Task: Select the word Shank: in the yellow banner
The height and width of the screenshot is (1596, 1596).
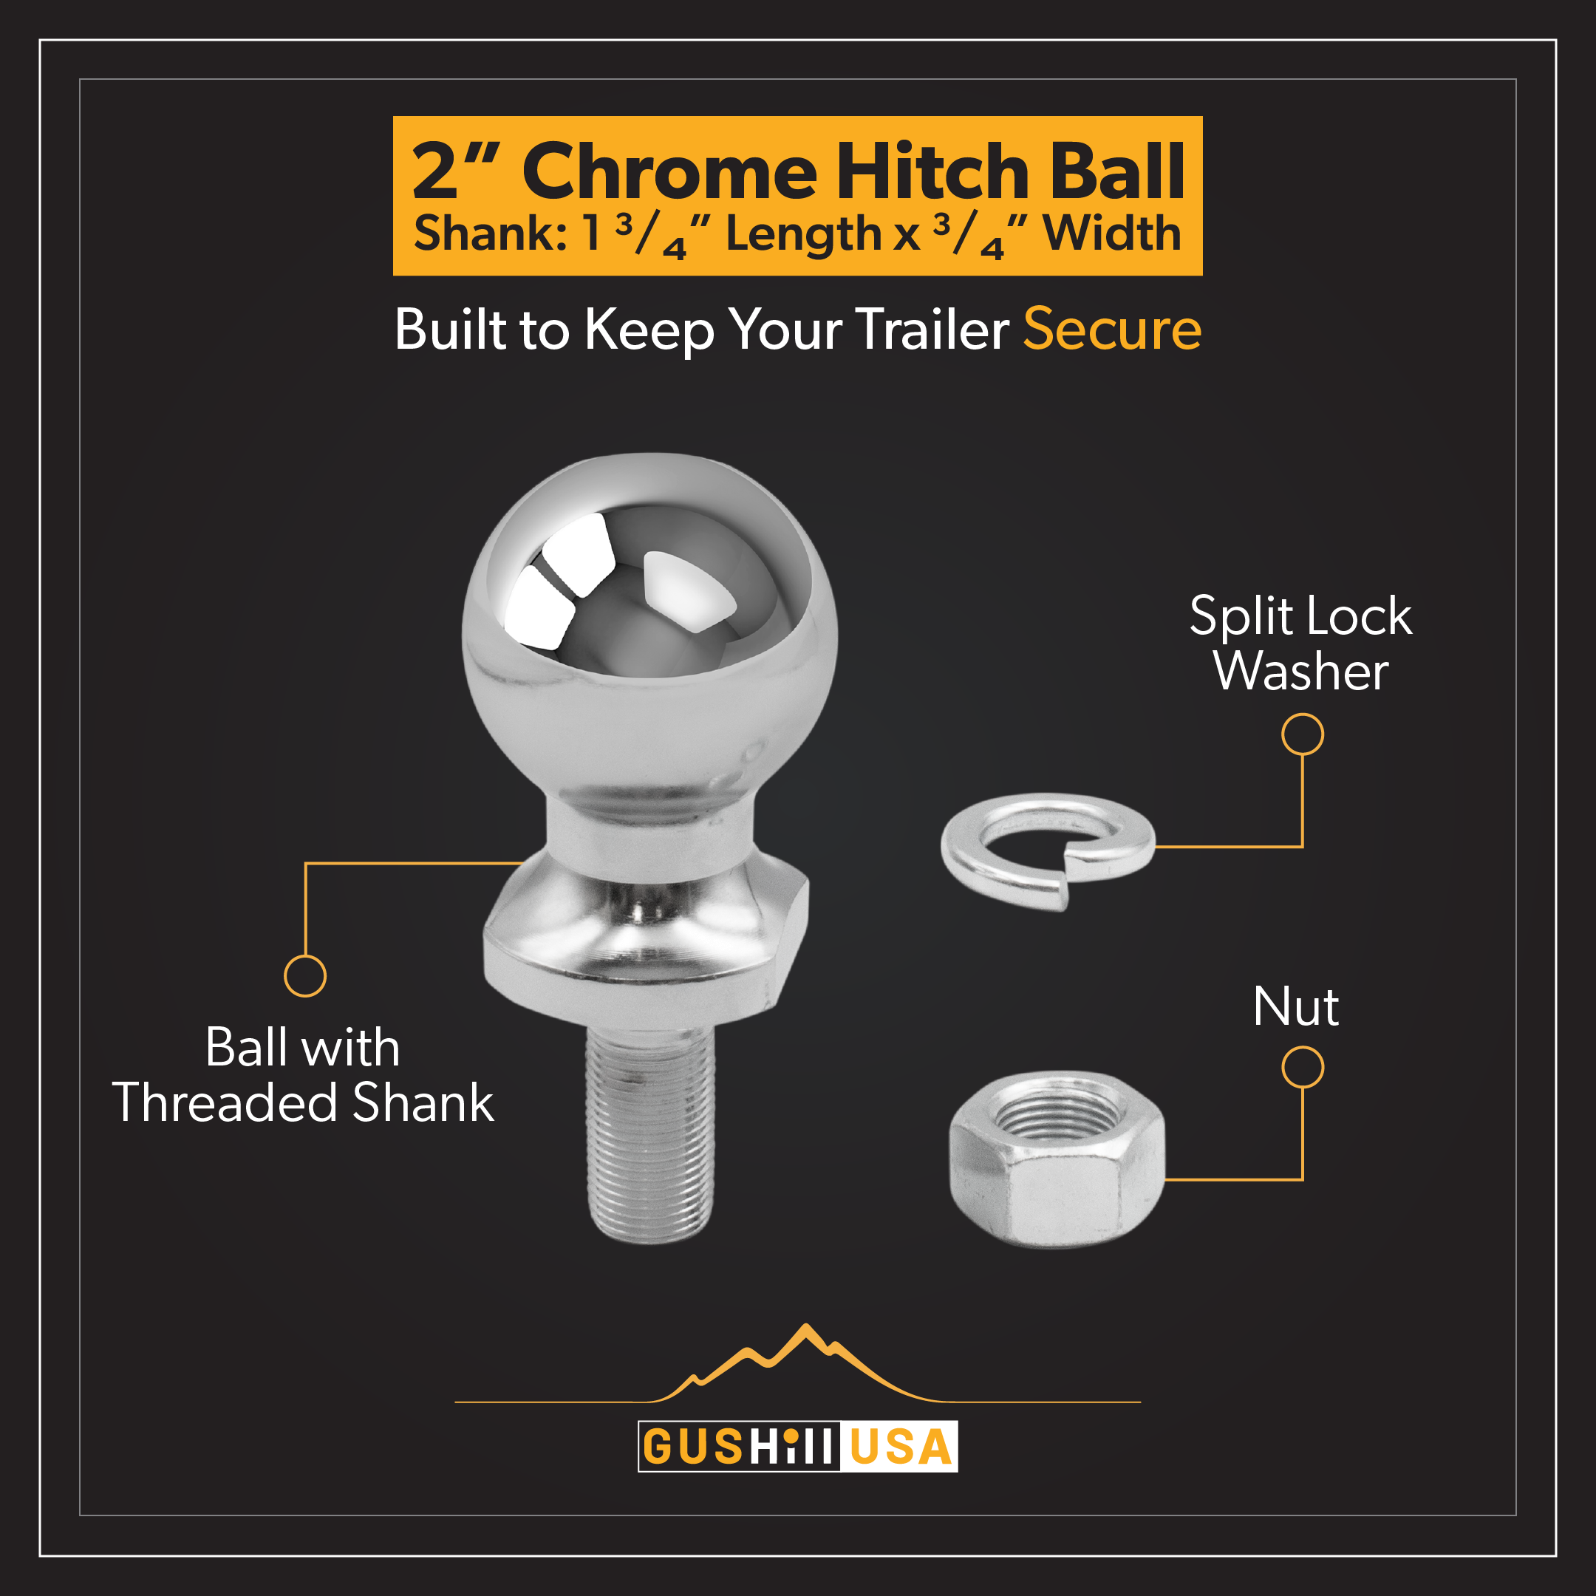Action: pyautogui.click(x=490, y=233)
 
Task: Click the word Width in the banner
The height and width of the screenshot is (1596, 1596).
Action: pyautogui.click(x=1112, y=233)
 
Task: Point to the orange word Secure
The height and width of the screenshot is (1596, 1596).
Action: pyautogui.click(x=1112, y=330)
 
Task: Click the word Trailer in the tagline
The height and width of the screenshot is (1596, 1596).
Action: pyautogui.click(x=932, y=330)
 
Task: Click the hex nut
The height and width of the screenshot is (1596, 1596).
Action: pyautogui.click(x=1057, y=1159)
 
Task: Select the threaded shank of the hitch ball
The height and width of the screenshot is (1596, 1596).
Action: pyautogui.click(x=650, y=1133)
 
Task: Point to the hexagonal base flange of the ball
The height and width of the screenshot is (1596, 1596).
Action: pyautogui.click(x=646, y=942)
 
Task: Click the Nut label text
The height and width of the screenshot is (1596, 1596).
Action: pyautogui.click(x=1295, y=1007)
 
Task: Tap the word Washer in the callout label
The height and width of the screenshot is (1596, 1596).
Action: pyautogui.click(x=1300, y=671)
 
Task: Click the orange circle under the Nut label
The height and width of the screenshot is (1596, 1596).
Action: pyautogui.click(x=1303, y=1067)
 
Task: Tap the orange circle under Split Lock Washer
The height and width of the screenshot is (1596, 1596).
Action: pyautogui.click(x=1303, y=734)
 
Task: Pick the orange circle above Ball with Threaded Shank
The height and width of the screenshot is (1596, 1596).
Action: pyautogui.click(x=305, y=976)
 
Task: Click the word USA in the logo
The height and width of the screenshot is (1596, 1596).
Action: pyautogui.click(x=900, y=1447)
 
